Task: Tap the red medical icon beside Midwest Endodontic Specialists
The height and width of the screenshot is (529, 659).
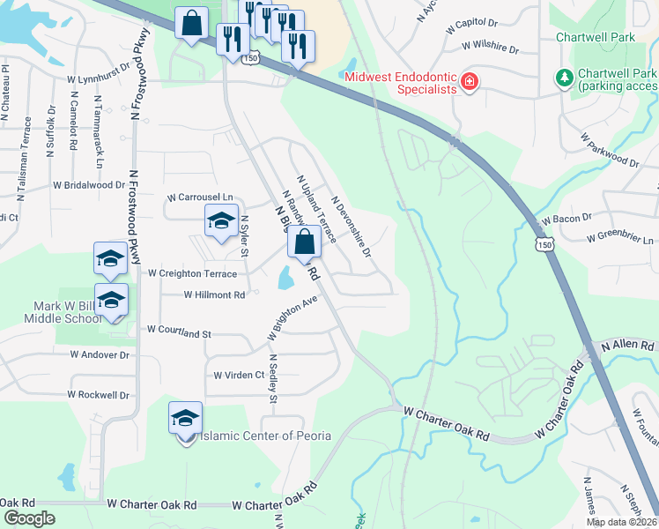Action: pos(470,83)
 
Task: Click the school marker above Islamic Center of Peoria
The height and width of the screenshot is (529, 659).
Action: pos(186,417)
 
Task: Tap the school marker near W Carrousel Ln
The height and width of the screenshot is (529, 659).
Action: pos(221,220)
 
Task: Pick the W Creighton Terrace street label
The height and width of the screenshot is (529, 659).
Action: pos(192,274)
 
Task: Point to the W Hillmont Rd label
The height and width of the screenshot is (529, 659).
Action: pos(214,295)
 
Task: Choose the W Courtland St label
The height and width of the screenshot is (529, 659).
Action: pos(179,333)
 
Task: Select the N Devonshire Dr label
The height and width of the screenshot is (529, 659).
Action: pos(352,227)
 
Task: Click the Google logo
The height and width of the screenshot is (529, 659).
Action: pos(29,518)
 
